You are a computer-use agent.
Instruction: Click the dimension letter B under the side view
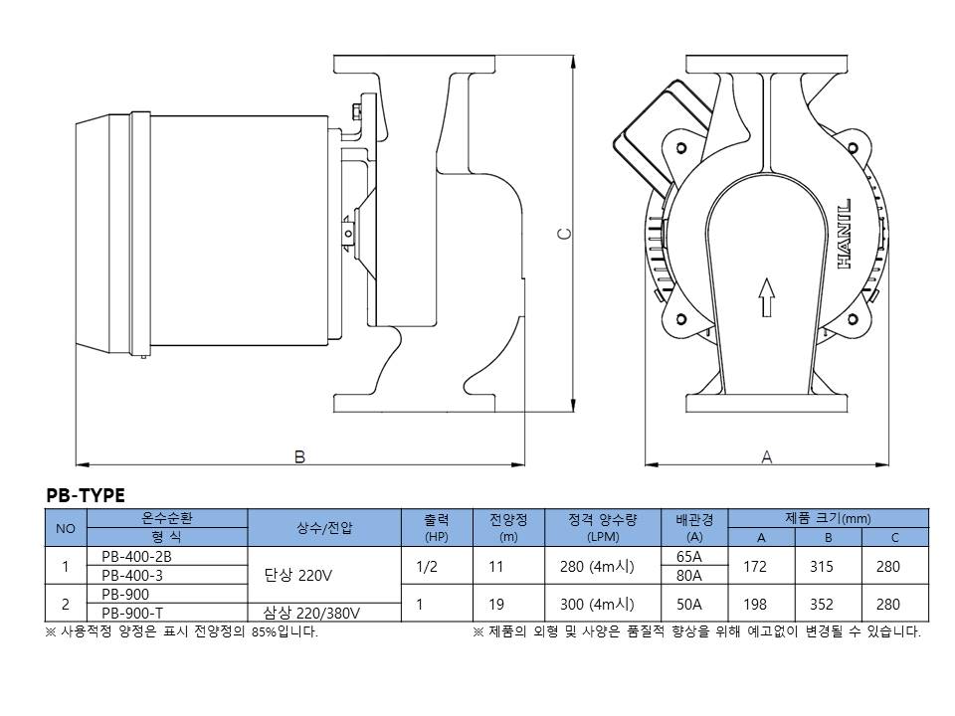(299, 456)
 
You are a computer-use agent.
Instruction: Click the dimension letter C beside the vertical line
(565, 234)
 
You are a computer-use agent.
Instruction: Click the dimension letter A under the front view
(767, 456)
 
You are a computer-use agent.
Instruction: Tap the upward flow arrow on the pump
(766, 297)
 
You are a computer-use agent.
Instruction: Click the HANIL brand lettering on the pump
(845, 234)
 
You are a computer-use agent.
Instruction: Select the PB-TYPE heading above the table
(86, 495)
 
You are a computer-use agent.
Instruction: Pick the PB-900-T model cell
(132, 613)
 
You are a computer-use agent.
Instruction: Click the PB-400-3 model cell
(132, 576)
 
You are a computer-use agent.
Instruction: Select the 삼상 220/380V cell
(311, 613)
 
